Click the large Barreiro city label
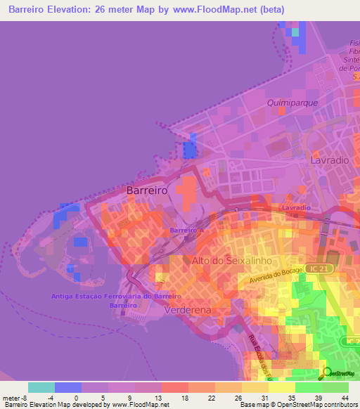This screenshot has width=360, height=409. tap(146, 190)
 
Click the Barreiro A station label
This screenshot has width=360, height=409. tap(186, 231)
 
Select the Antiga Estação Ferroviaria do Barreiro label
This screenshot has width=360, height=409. tap(116, 296)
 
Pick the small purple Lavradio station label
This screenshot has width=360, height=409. tap(295, 208)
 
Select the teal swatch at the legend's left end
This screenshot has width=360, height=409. tap(41, 387)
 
